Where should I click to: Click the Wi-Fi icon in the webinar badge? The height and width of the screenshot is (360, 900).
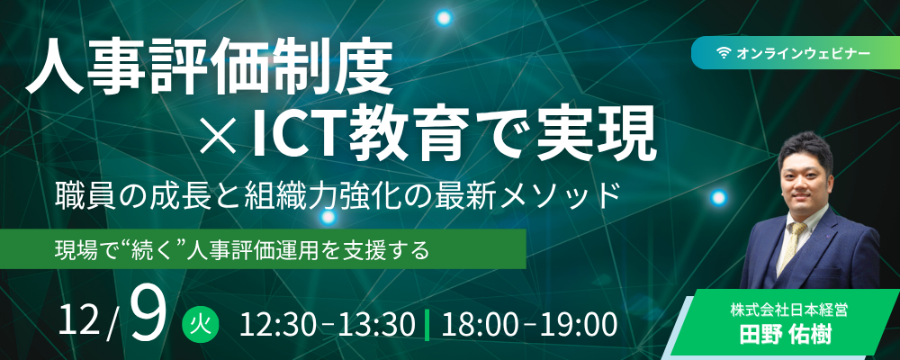point(724,53)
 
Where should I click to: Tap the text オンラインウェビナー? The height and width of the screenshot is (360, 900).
point(803,53)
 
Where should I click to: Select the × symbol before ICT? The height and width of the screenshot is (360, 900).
point(219,136)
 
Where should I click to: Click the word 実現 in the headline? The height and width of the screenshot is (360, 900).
point(597,136)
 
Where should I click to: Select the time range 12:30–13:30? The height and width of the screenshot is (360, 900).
point(328,325)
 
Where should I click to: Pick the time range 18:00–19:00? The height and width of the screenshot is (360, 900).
point(529,325)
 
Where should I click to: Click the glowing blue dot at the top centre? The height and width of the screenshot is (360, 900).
point(444,17)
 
